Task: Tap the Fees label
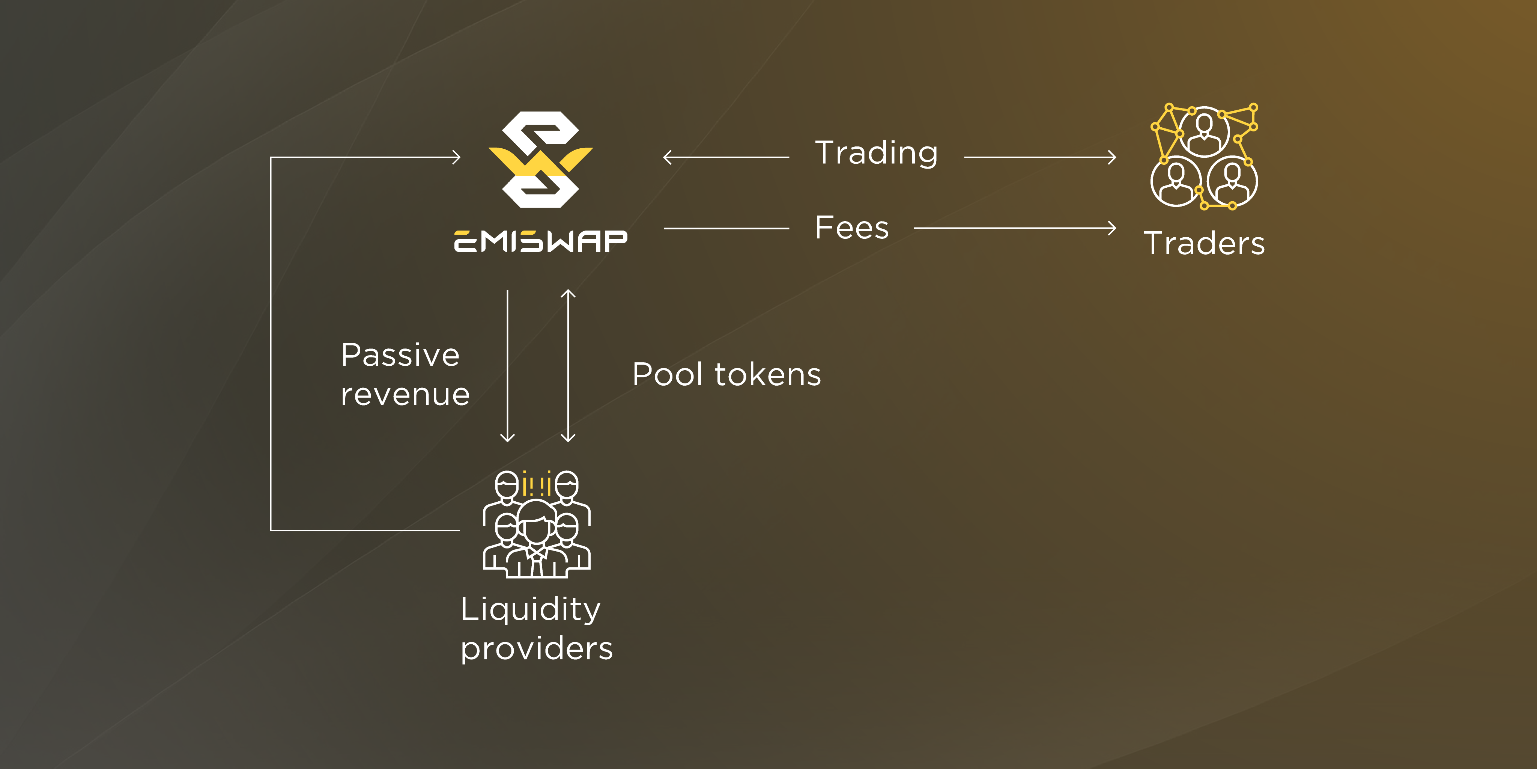point(851,228)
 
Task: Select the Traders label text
point(1204,244)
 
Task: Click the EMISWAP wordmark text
point(541,241)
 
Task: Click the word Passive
point(400,355)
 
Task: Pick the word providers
point(536,649)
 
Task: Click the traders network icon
point(1204,157)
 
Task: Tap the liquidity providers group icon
point(536,524)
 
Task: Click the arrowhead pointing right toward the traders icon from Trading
point(1113,158)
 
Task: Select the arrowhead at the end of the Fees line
point(1113,228)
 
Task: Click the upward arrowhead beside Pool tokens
point(568,293)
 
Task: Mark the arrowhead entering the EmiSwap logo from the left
point(457,158)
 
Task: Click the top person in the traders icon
point(1204,131)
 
